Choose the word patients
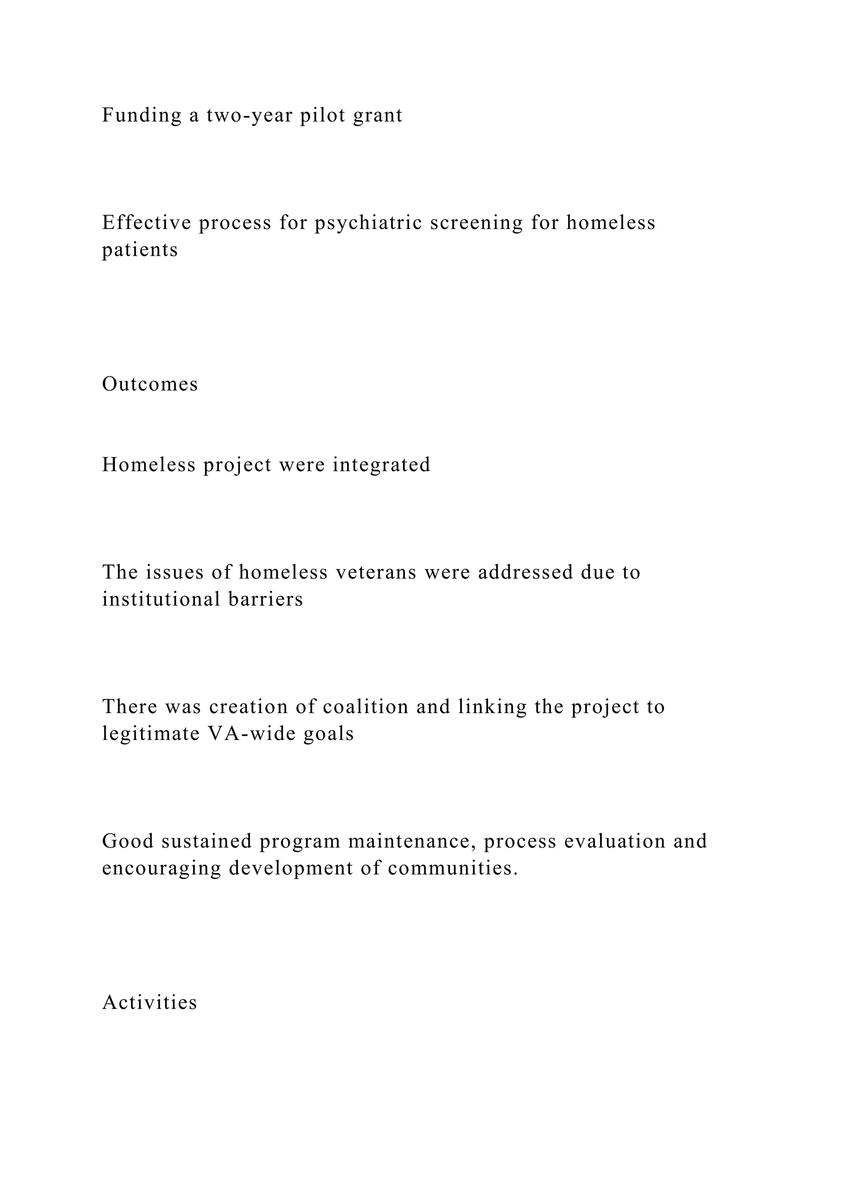coord(140,250)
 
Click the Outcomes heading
coord(150,385)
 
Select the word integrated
coord(382,465)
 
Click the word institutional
coord(161,599)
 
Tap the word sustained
coord(207,841)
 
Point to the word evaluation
coord(615,841)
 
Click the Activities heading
coord(149,1002)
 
